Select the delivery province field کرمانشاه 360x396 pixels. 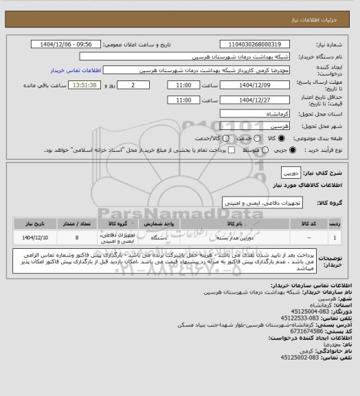tap(256, 114)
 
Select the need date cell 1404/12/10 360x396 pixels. tap(34, 237)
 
